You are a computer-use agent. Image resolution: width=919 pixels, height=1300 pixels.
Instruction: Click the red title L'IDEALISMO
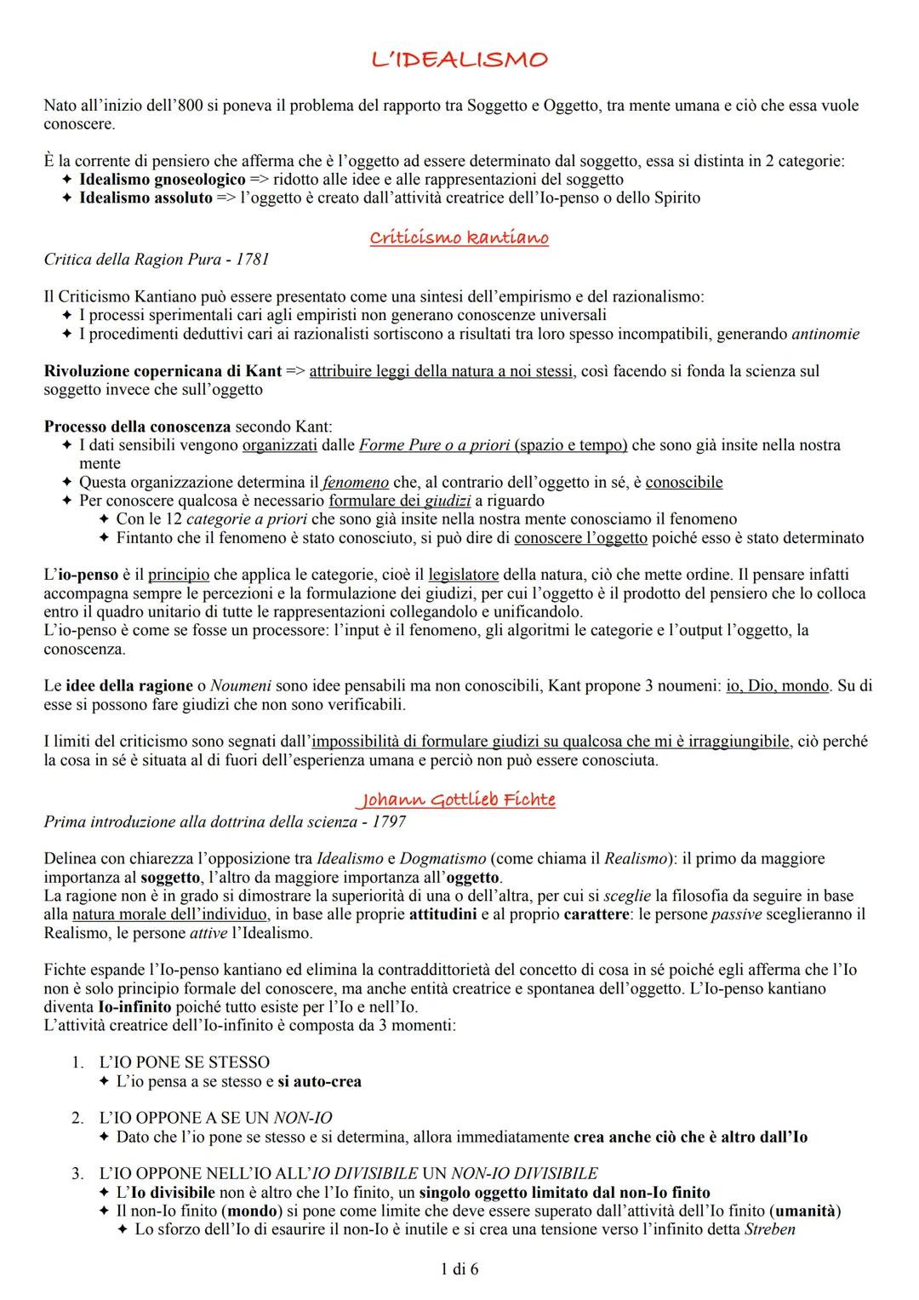[x=459, y=60]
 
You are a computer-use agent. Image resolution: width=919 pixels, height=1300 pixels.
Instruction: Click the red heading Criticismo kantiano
[x=459, y=238]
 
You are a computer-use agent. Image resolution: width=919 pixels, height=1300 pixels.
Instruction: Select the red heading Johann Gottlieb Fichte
[x=458, y=799]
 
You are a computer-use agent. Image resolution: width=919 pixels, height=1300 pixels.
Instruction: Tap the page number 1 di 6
[x=459, y=1269]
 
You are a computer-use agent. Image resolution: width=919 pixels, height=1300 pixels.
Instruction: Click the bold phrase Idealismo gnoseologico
[x=162, y=180]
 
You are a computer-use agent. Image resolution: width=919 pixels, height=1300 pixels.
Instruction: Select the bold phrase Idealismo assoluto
[x=145, y=198]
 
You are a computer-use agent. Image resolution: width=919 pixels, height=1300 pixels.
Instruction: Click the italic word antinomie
[x=825, y=334]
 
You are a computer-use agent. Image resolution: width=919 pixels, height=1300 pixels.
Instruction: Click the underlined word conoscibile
[x=683, y=483]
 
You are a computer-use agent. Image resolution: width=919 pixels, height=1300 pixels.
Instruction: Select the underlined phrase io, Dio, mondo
[x=777, y=686]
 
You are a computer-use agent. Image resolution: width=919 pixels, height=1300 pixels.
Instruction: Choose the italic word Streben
[x=769, y=1229]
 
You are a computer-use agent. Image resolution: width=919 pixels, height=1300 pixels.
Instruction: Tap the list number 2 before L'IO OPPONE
[x=77, y=1118]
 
